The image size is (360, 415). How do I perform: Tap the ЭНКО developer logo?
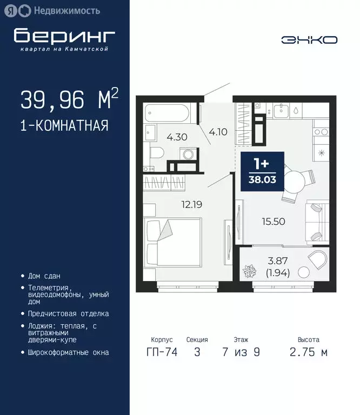309,39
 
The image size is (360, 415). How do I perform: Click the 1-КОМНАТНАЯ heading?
64,126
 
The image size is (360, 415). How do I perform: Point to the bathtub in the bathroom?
167,113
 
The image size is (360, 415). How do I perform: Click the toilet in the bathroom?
154,152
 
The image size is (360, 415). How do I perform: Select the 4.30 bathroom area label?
177,137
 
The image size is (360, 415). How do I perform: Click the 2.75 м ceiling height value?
309,352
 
